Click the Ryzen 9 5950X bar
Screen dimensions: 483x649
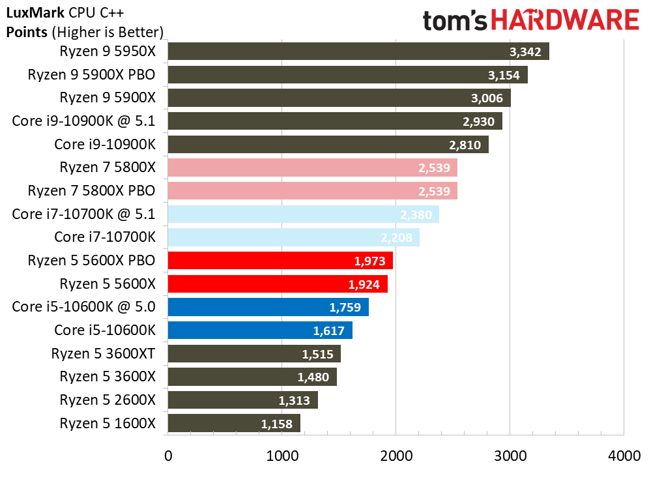pyautogui.click(x=358, y=51)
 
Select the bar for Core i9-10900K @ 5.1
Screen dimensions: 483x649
pyautogui.click(x=335, y=121)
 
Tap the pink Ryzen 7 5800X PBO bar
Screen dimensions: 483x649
pyautogui.click(x=312, y=191)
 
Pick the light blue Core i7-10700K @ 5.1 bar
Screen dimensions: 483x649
pyautogui.click(x=303, y=214)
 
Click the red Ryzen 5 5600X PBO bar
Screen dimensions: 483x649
pyautogui.click(x=280, y=261)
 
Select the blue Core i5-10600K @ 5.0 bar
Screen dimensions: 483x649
pyautogui.click(x=268, y=307)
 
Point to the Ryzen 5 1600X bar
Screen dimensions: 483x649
pyautogui.click(x=234, y=424)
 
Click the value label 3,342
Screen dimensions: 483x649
pyautogui.click(x=525, y=52)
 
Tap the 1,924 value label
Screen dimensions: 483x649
pyautogui.click(x=363, y=284)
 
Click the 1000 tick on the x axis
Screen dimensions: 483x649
pyautogui.click(x=281, y=456)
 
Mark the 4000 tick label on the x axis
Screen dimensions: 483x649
pyautogui.click(x=623, y=456)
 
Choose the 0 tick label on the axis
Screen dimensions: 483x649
pyautogui.click(x=168, y=456)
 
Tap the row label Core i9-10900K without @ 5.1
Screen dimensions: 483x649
pyautogui.click(x=105, y=145)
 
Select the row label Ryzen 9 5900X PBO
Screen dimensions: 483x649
pyautogui.click(x=91, y=75)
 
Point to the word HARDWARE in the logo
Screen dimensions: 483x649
pyautogui.click(x=564, y=20)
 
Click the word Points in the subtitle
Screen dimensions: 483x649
pyautogui.click(x=26, y=32)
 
